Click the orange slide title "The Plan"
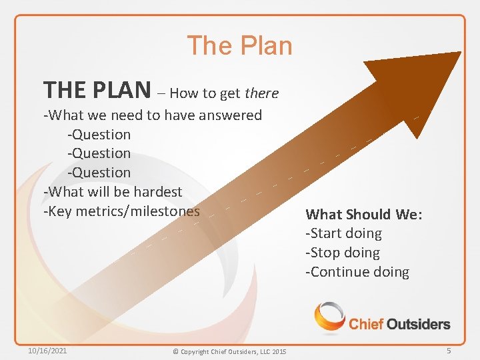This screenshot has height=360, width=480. (x=239, y=46)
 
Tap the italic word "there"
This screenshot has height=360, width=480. (x=261, y=93)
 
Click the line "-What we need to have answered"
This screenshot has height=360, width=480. (x=153, y=115)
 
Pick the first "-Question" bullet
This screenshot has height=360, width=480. (x=99, y=135)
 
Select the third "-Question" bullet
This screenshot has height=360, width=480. (x=99, y=173)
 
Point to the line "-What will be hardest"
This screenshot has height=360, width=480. (x=113, y=192)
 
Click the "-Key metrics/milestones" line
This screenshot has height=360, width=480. (x=121, y=211)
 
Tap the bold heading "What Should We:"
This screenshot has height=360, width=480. (x=364, y=215)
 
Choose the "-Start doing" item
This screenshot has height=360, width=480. (x=343, y=233)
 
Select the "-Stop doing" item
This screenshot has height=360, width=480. (x=342, y=253)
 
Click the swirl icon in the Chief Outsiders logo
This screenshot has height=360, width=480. (x=329, y=317)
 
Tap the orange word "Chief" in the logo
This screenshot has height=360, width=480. (x=367, y=325)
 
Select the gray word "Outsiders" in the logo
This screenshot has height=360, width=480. (x=419, y=325)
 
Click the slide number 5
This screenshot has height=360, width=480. (x=449, y=350)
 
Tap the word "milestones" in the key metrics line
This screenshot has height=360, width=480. (x=166, y=211)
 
